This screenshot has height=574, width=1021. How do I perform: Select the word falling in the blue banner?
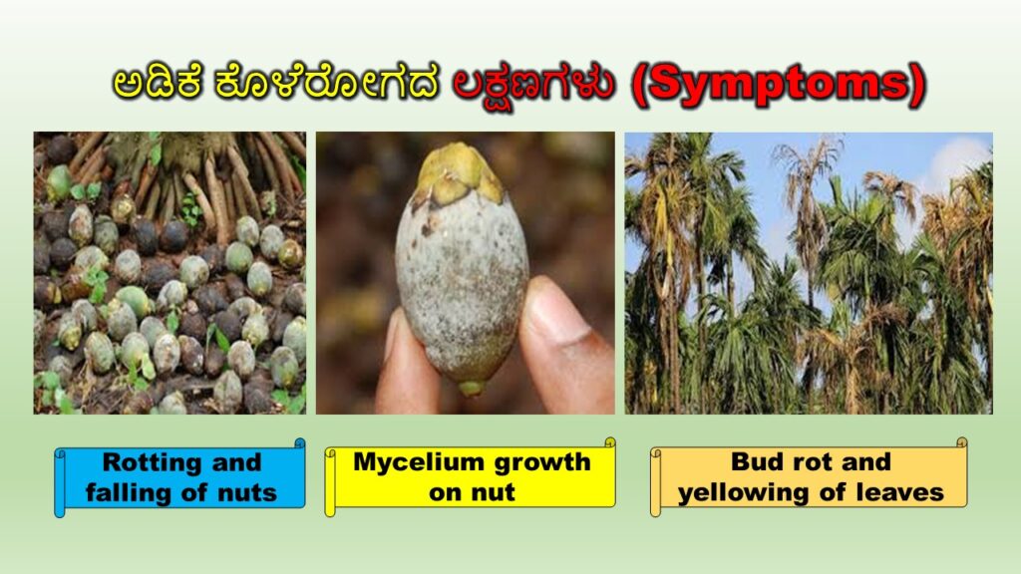(x=128, y=492)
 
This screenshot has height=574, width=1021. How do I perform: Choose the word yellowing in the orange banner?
(x=744, y=492)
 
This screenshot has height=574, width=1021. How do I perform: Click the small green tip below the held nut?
(x=471, y=389)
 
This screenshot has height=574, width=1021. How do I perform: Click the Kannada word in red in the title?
(x=534, y=85)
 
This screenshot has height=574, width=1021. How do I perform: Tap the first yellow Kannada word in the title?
(x=158, y=83)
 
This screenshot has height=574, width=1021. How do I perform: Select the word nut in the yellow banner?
(x=496, y=492)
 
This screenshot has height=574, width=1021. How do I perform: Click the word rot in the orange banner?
(x=812, y=462)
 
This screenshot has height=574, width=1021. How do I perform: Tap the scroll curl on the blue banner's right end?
(x=299, y=443)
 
